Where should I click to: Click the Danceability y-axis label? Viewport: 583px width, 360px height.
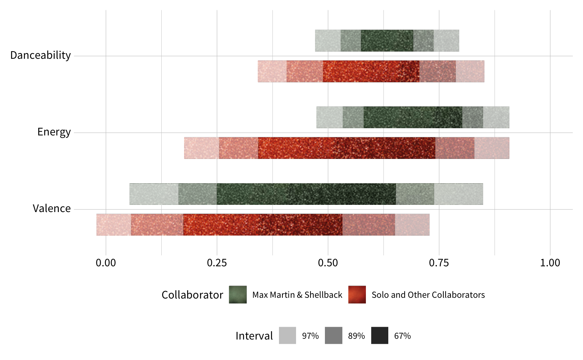coord(41,55)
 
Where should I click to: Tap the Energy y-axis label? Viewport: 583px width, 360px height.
coord(54,132)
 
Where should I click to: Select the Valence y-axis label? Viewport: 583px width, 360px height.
coord(52,209)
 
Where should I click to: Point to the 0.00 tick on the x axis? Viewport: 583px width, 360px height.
coord(106,263)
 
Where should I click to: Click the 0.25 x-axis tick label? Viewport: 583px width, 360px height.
coord(217,263)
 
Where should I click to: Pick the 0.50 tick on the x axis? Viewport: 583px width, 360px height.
coord(328,263)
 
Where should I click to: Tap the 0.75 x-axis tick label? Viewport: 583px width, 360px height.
coord(439,263)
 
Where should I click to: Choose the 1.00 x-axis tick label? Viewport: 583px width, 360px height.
coord(550,263)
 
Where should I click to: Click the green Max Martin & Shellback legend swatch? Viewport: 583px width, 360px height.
coord(238,295)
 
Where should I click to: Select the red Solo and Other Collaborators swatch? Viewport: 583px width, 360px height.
coord(357,295)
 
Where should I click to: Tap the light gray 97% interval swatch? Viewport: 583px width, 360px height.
coord(287,335)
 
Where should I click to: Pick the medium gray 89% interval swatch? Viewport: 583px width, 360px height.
coord(333,335)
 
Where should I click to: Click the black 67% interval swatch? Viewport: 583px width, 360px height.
coord(380,335)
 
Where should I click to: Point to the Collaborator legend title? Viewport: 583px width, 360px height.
coord(192,295)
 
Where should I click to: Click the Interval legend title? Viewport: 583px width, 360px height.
coord(254,336)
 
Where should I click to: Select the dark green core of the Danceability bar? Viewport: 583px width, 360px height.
coord(387,41)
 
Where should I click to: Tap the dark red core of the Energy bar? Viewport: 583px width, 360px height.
coord(347,148)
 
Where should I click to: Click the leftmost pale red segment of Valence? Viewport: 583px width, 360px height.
coord(113,225)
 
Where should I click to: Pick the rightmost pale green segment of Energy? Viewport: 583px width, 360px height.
coord(496,117)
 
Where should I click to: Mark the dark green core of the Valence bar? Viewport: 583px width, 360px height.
coord(306,194)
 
